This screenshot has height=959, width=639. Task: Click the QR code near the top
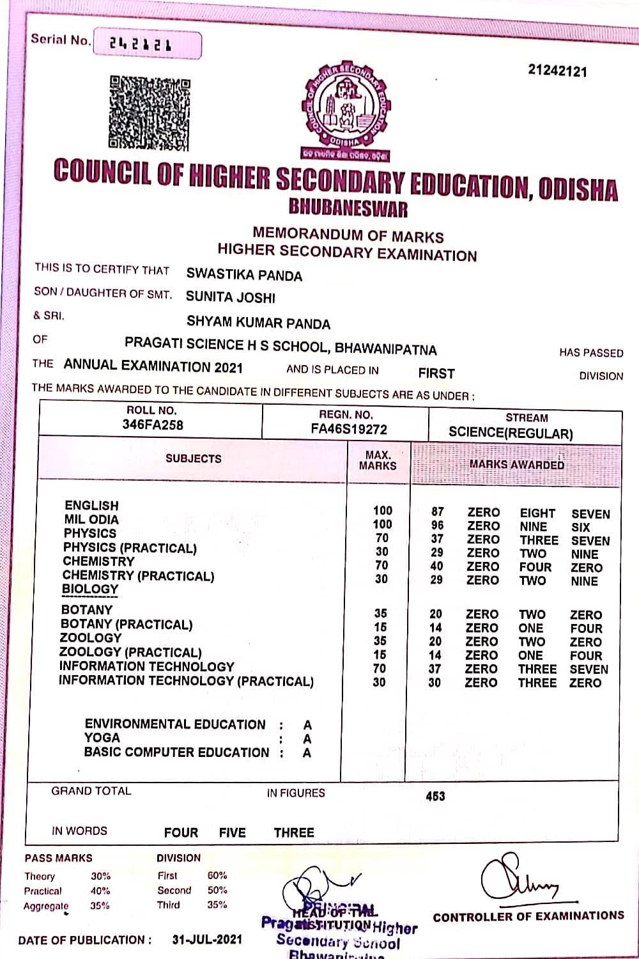point(150,113)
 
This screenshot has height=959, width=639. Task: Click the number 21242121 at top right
point(557,70)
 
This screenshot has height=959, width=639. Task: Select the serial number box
point(148,44)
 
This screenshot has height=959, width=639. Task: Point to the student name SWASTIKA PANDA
point(244,275)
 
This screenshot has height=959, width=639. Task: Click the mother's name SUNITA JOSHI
point(231,297)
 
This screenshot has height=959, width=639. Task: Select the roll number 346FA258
point(153,425)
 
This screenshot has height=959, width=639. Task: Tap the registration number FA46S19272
point(349,429)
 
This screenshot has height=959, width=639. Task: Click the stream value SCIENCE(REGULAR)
point(511,433)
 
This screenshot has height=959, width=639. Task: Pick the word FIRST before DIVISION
point(436,373)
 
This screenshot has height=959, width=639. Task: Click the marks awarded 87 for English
point(438,511)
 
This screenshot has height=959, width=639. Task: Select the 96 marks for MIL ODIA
point(438,526)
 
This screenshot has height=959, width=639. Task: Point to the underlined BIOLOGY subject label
point(90,589)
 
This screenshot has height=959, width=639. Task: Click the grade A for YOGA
point(307,739)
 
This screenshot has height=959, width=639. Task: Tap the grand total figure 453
point(435,796)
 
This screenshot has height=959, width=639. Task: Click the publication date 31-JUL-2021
point(208,939)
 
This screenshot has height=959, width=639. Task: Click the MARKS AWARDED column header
point(516,465)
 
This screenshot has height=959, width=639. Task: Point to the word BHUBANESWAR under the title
point(348,208)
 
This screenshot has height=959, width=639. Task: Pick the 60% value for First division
point(217,875)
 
